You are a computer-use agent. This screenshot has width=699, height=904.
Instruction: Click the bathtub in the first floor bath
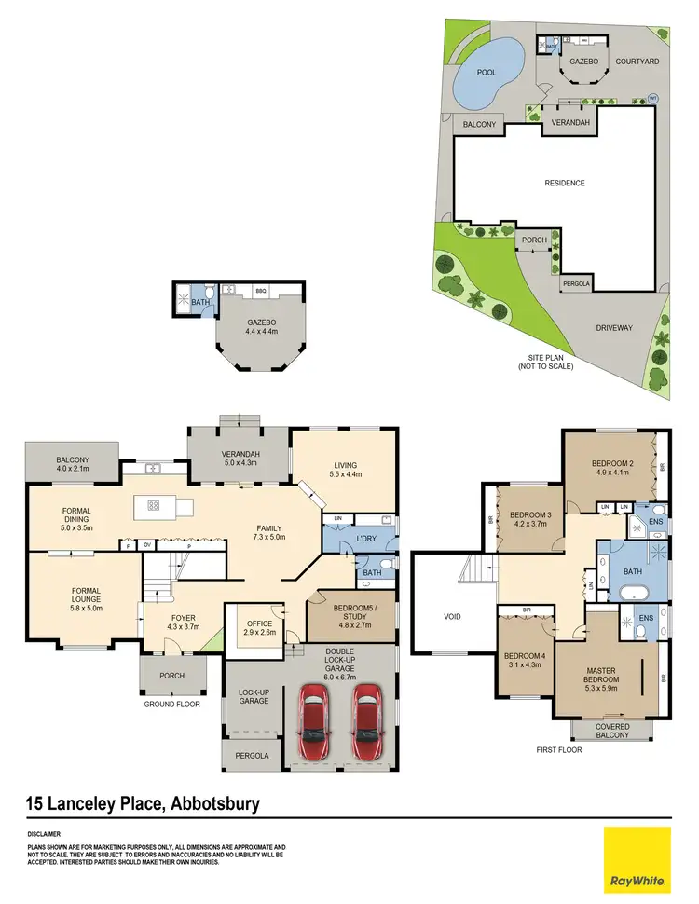pyautogui.click(x=635, y=592)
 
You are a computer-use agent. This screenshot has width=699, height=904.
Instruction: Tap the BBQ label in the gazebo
pyautogui.click(x=261, y=292)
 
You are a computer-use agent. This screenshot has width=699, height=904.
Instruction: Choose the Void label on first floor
pyautogui.click(x=443, y=615)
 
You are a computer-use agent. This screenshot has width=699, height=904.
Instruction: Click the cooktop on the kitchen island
pyautogui.click(x=153, y=506)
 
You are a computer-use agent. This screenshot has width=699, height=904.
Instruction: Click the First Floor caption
pyautogui.click(x=559, y=748)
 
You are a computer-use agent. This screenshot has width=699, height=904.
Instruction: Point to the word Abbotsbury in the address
pyautogui.click(x=199, y=801)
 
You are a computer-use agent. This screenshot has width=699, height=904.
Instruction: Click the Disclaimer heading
pyautogui.click(x=44, y=834)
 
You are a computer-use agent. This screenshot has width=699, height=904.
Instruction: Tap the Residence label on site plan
pyautogui.click(x=565, y=183)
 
